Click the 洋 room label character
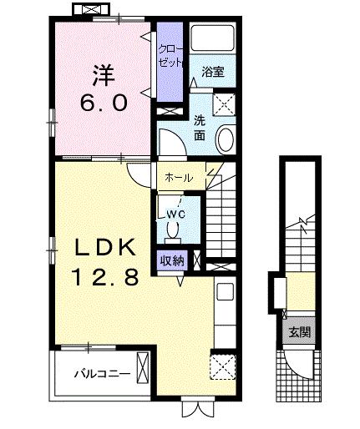click(103, 73)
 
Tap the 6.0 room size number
click(104, 103)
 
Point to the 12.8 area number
click(104, 278)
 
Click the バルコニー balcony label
click(99, 374)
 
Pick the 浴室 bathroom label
click(213, 73)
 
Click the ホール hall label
click(179, 178)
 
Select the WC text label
click(176, 214)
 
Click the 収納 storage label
click(173, 260)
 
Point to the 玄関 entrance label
click(300, 331)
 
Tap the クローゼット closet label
click(170, 56)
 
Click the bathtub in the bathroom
click(212, 40)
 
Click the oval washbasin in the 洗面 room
click(226, 139)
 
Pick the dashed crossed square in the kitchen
click(222, 365)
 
